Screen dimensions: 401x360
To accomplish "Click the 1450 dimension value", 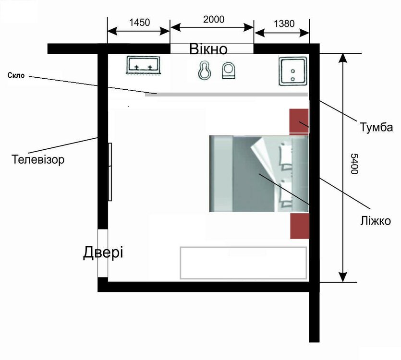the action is (139, 23).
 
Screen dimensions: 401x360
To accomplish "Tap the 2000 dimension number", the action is (214, 19).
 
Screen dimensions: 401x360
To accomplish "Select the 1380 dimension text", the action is (284, 24).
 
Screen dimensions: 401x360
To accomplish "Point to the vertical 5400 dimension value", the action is (354, 164).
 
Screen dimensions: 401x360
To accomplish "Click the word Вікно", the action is (208, 49).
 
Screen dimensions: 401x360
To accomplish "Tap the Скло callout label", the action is (16, 75).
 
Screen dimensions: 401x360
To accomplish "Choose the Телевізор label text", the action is (38, 159).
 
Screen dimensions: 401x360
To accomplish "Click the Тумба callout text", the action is (376, 127).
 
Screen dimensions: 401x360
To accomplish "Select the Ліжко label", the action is (376, 221).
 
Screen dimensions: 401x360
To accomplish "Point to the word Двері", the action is (103, 252).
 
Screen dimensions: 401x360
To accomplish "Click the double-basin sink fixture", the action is (143, 65).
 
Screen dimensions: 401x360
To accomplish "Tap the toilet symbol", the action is (229, 70).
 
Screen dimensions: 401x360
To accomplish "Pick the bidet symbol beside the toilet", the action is (205, 70).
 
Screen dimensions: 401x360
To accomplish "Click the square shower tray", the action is (293, 72).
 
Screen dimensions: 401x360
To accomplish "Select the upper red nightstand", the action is (299, 120).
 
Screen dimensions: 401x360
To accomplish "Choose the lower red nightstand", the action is (300, 226).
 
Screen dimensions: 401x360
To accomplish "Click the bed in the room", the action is (259, 174).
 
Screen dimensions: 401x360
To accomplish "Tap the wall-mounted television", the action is (110, 172).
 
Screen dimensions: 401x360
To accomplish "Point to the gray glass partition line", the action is (226, 95).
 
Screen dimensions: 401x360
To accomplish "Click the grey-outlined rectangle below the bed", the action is (243, 263).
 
